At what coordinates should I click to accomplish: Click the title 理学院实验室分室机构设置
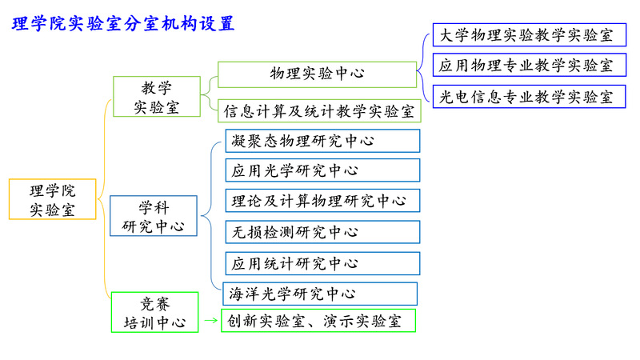(x=124, y=24)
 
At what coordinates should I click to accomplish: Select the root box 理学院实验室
(x=53, y=200)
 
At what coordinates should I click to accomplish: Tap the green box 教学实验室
(x=156, y=97)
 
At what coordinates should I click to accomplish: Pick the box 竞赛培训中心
(x=154, y=313)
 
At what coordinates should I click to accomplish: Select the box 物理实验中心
(x=317, y=74)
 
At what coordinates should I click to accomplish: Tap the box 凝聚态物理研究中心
(x=322, y=141)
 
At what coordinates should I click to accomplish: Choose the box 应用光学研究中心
(x=322, y=170)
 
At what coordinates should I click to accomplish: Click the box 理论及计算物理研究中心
(x=322, y=200)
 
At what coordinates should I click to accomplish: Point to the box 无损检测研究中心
(x=322, y=232)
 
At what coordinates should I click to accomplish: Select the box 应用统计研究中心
(x=322, y=263)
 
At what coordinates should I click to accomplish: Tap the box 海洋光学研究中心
(x=321, y=294)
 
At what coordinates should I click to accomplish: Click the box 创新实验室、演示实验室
(x=318, y=322)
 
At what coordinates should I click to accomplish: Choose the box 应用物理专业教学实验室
(x=529, y=65)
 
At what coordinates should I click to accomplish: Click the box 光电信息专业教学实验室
(x=529, y=97)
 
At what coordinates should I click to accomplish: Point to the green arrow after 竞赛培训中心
(x=210, y=322)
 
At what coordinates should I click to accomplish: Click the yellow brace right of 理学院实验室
(x=104, y=200)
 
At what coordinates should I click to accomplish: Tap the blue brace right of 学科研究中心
(x=211, y=214)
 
